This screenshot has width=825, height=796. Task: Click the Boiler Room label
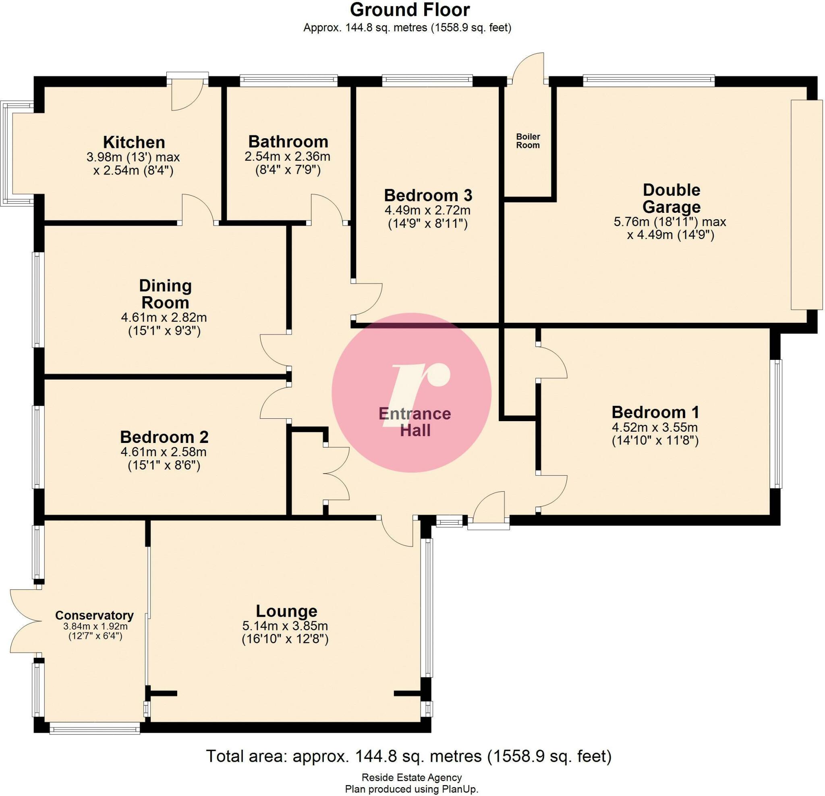pyautogui.click(x=528, y=141)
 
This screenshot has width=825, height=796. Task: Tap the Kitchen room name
pyautogui.click(x=134, y=142)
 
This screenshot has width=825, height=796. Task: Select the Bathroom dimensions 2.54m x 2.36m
pyautogui.click(x=287, y=157)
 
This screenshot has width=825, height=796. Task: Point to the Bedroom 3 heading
pyautogui.click(x=428, y=195)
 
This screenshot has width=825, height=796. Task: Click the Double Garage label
pyautogui.click(x=672, y=198)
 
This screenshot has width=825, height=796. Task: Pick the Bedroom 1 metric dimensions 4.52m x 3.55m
pyautogui.click(x=655, y=428)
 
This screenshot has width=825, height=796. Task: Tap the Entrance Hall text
pyautogui.click(x=415, y=422)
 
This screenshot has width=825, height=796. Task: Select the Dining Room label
pyautogui.click(x=165, y=294)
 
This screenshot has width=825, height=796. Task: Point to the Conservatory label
pyautogui.click(x=94, y=615)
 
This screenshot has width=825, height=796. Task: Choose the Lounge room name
pyautogui.click(x=286, y=611)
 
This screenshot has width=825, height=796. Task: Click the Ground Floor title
pyautogui.click(x=410, y=9)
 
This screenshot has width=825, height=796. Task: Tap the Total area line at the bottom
pyautogui.click(x=408, y=756)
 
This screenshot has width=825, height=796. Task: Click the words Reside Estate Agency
pyautogui.click(x=412, y=777)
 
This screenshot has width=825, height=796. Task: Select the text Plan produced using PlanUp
pyautogui.click(x=412, y=789)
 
